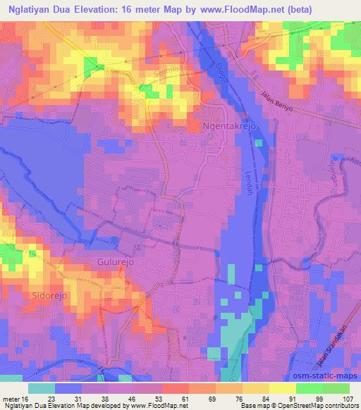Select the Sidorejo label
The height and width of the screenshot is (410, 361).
pos(48,296)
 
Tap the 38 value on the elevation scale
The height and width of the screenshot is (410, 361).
pos(104,399)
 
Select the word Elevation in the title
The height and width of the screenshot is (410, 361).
pos(104,8)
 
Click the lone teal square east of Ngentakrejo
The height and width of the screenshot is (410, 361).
pos(259,143)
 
